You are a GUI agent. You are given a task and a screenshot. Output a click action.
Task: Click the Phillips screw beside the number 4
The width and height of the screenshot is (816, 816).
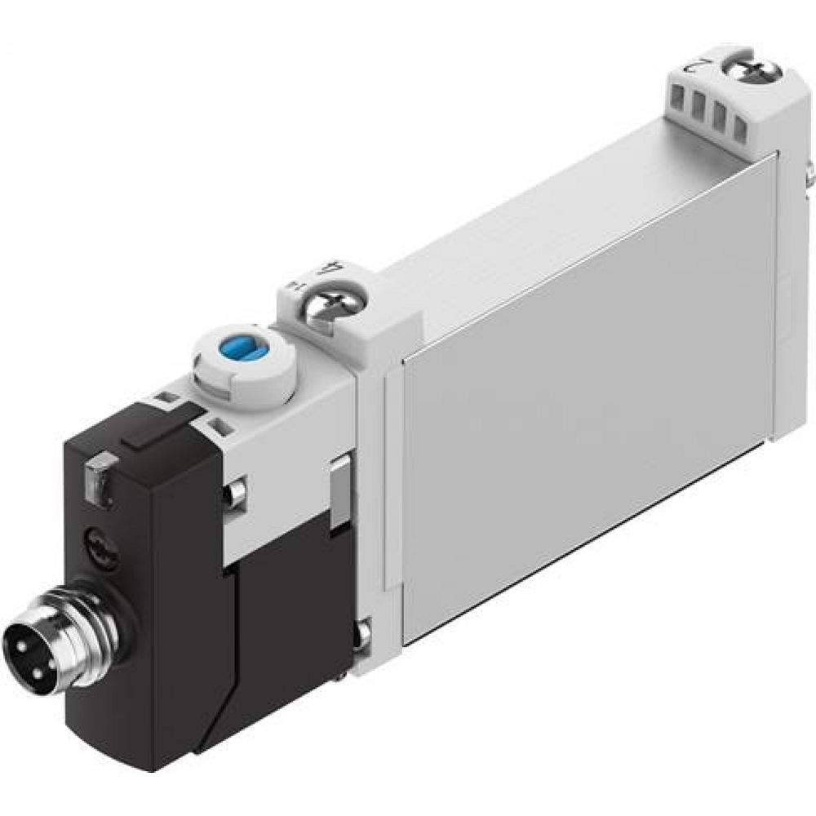tap(321, 312)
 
